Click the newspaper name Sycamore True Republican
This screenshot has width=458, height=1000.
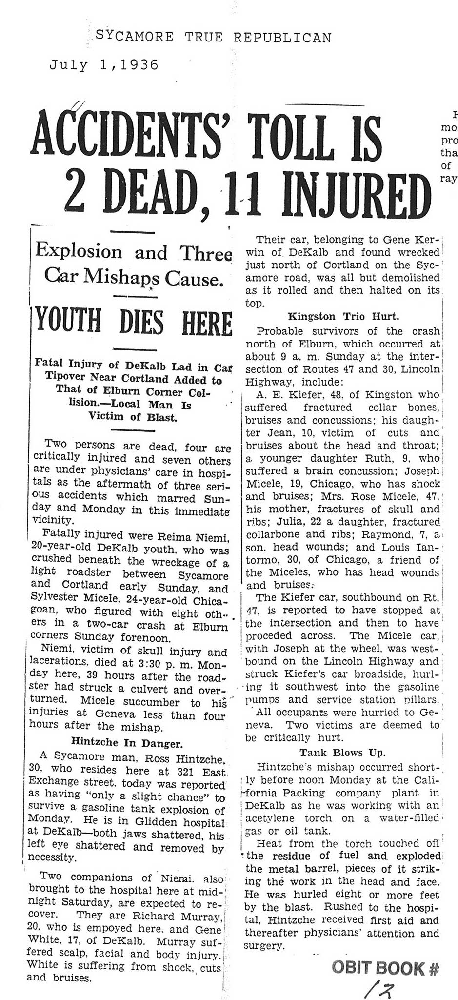tap(214, 37)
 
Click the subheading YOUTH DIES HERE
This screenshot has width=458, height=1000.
tap(132, 323)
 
